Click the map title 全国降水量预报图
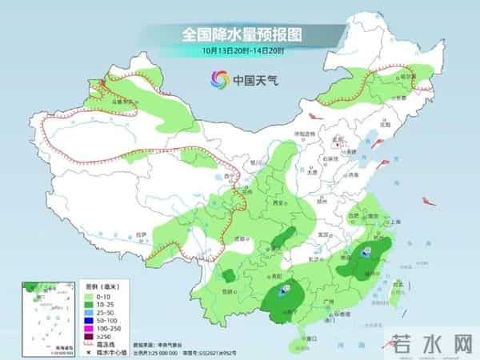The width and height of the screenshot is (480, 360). (240, 35)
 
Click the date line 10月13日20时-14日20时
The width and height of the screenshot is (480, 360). (240, 52)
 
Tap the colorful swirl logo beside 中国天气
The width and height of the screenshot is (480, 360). (217, 79)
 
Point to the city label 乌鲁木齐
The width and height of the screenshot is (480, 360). (121, 102)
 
